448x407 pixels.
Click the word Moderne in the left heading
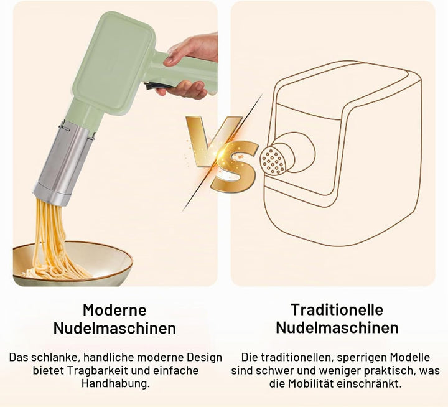114,309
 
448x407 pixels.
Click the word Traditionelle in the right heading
337,309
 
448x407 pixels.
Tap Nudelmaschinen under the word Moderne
114,328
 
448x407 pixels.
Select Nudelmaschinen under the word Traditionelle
337,328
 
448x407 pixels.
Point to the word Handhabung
116,383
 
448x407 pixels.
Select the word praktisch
391,370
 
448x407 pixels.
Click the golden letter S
235,166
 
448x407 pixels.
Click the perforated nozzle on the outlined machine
273,159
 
